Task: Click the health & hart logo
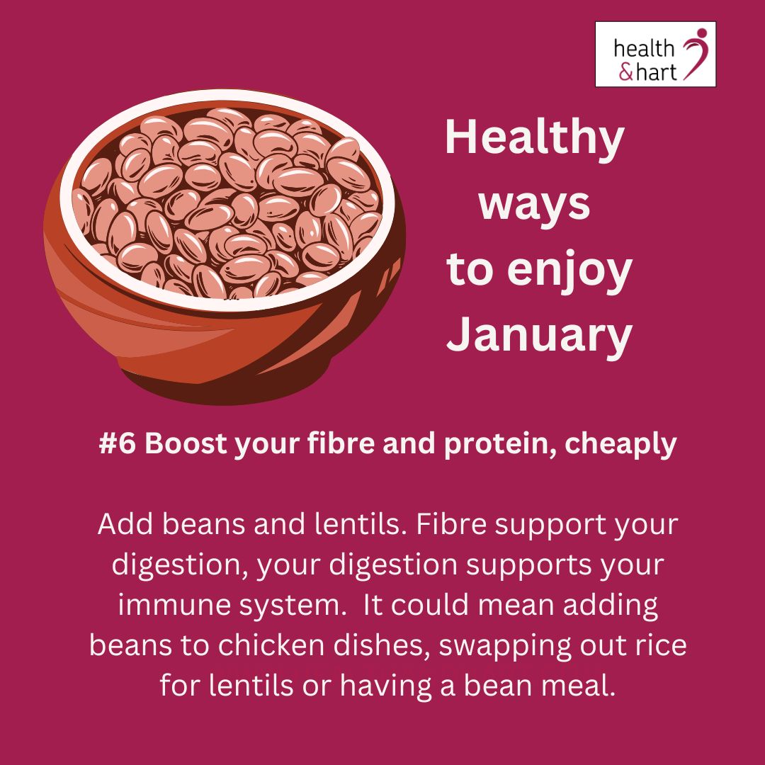click(655, 55)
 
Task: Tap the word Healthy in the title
click(534, 139)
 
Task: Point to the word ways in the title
click(534, 204)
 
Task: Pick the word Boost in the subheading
click(179, 444)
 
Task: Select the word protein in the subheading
click(482, 446)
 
